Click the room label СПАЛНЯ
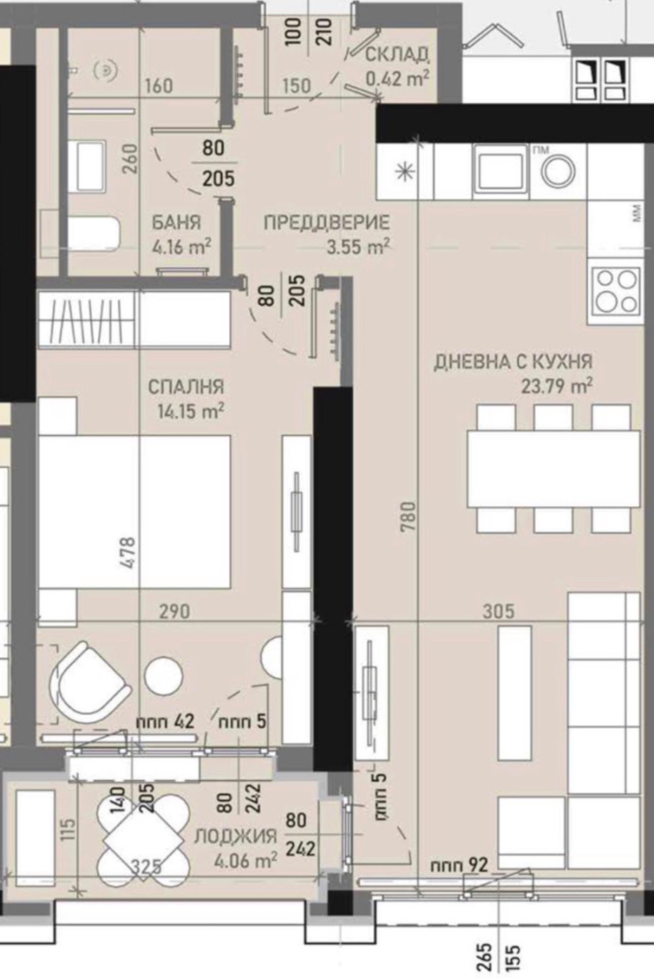point(186,387)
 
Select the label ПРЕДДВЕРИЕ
point(327,223)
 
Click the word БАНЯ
point(176,223)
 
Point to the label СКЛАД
point(398,54)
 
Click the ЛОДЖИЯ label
point(236,836)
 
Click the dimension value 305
point(498,612)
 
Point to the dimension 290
point(175,612)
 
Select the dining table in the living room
point(553,468)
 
